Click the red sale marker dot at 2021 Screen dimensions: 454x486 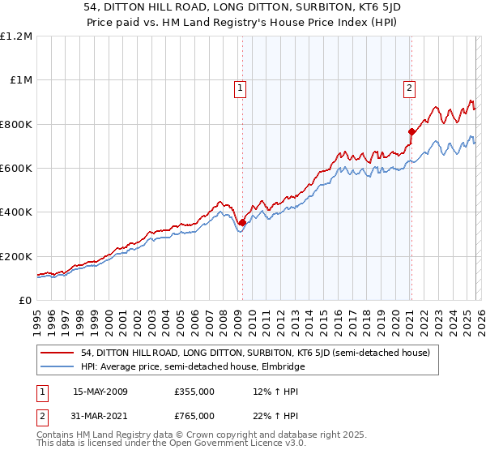[x=411, y=132]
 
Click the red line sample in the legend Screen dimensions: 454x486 [x=58, y=353]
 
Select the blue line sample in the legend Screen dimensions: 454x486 [x=58, y=366]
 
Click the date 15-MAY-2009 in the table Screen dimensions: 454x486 [x=100, y=392]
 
